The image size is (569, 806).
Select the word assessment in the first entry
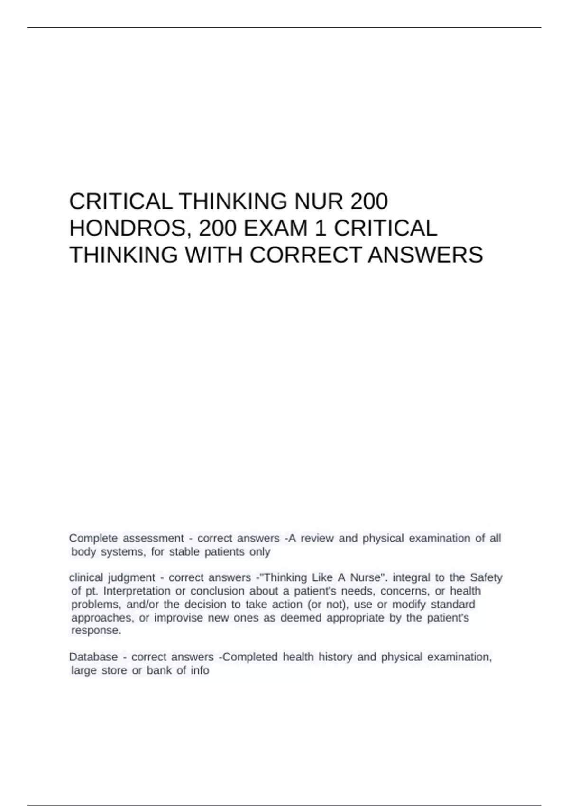pos(153,539)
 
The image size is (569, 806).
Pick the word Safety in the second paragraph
pos(486,577)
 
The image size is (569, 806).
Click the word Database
pos(93,657)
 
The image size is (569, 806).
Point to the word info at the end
pos(200,670)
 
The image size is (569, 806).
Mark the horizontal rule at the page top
pos(284,27)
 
